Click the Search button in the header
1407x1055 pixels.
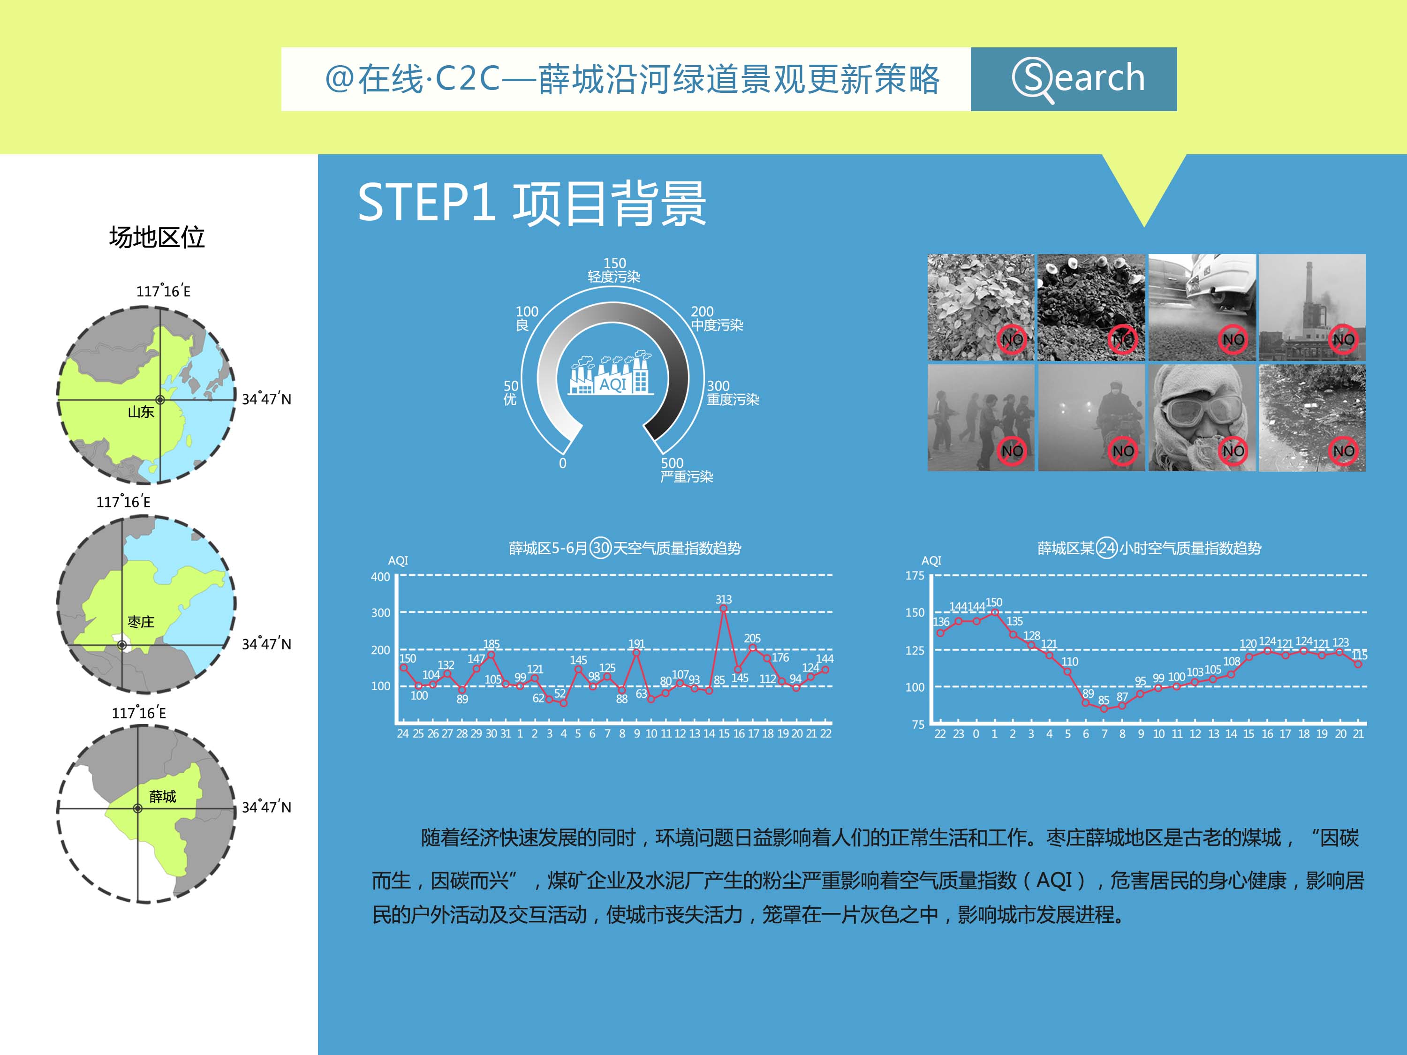coord(1073,79)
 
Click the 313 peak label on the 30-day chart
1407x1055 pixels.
coord(723,599)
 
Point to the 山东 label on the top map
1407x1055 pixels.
coord(141,412)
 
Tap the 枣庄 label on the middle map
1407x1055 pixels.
coord(141,621)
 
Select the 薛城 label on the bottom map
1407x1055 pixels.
coord(162,796)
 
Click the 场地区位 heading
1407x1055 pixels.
coord(157,237)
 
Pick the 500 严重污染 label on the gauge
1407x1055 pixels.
coord(686,470)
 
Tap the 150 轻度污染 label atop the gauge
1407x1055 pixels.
coord(614,270)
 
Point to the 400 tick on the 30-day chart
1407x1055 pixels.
coord(380,577)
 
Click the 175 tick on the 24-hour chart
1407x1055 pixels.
coord(915,575)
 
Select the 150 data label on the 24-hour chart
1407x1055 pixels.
coord(993,602)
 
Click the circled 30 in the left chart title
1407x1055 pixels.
coord(600,548)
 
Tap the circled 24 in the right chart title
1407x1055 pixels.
coord(1107,548)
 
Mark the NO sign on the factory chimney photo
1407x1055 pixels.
coord(1343,339)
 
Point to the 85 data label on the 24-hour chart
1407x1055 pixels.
coord(1104,700)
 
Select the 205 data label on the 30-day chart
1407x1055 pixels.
coord(752,638)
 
